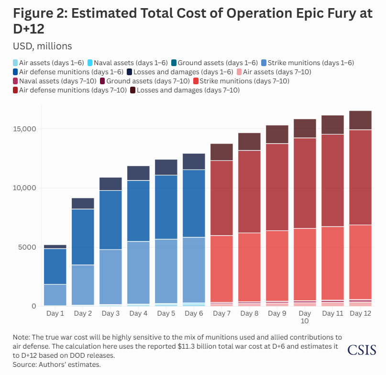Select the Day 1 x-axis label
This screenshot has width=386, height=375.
click(55, 313)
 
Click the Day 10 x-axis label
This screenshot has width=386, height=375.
click(305, 317)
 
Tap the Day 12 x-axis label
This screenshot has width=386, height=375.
click(360, 313)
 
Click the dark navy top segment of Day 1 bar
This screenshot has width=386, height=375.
click(55, 247)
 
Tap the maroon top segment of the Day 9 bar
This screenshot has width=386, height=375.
click(277, 135)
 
